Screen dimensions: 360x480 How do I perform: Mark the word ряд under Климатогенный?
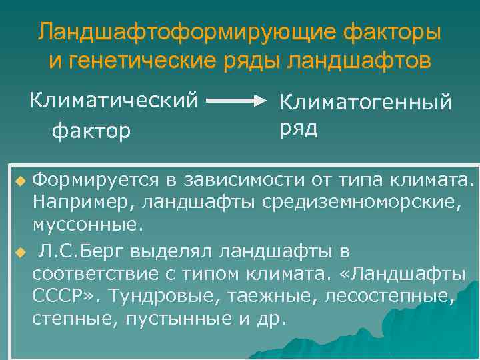(297, 127)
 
